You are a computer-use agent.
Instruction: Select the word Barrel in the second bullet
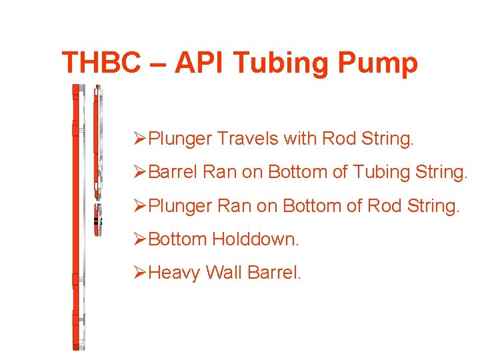(x=172, y=172)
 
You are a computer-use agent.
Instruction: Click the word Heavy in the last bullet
(x=175, y=273)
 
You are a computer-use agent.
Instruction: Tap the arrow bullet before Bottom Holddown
(x=139, y=239)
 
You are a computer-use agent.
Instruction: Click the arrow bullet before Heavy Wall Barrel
(x=139, y=273)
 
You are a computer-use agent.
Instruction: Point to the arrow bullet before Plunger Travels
(x=139, y=139)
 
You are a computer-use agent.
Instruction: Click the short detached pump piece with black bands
(x=98, y=219)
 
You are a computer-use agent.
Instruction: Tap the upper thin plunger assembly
(x=97, y=140)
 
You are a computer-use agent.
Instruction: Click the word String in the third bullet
(x=435, y=206)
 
